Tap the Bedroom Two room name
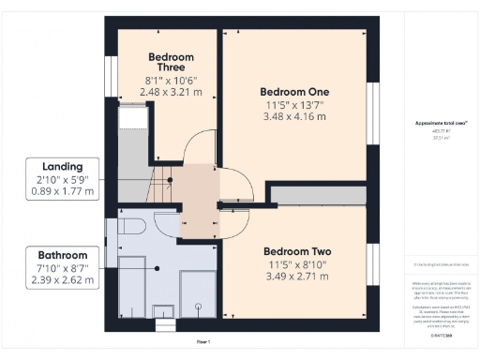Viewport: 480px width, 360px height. [x=296, y=252]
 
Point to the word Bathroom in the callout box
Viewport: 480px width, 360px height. [x=62, y=254]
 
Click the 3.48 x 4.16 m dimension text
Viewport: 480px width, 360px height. [x=296, y=117]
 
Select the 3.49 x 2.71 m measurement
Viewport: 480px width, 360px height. [x=296, y=277]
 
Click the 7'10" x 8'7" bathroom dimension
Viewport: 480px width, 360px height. [x=62, y=267]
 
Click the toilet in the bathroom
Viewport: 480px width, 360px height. [x=130, y=227]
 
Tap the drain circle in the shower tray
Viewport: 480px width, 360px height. [x=198, y=307]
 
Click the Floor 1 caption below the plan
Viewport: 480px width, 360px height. [x=202, y=341]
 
